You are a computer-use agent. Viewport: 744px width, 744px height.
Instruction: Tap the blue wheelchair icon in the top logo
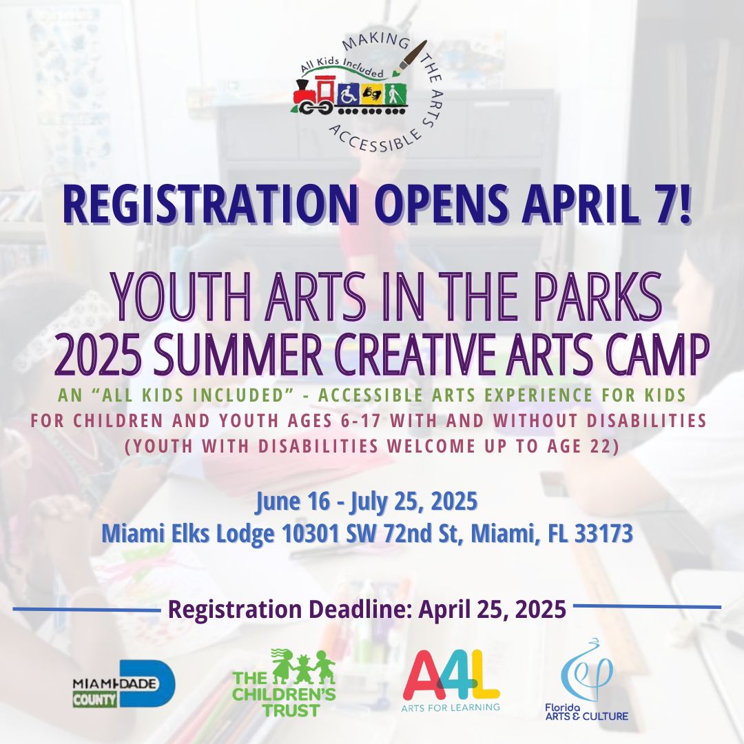349,95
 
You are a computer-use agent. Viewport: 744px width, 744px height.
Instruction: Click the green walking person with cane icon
395,95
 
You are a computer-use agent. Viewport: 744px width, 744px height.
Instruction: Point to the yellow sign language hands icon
372,95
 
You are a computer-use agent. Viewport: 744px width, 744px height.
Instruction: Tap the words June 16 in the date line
293,502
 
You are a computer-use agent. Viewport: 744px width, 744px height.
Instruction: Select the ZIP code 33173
603,533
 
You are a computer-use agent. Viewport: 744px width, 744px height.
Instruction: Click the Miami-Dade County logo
124,684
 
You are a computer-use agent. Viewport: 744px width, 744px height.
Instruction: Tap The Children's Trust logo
284,683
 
